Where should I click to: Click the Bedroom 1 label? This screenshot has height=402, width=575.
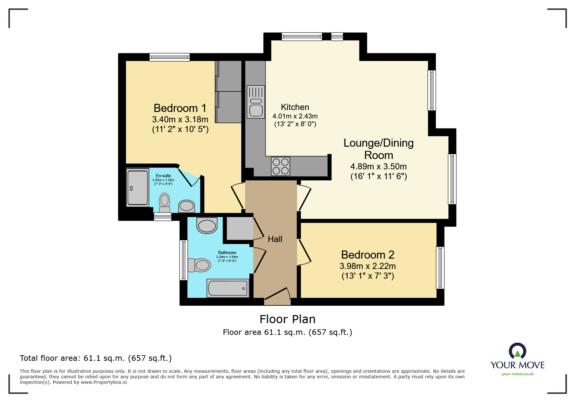[x=180, y=108]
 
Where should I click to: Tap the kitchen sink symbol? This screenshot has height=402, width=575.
[x=256, y=102]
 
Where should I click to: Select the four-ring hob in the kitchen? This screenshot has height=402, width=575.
[x=281, y=166]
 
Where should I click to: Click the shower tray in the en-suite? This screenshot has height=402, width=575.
[x=138, y=188]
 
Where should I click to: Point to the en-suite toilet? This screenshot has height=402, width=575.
[x=165, y=202]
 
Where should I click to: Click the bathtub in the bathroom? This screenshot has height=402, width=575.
[x=228, y=288]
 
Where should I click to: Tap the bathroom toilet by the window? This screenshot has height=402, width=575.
[x=199, y=265]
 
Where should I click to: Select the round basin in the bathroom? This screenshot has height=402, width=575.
[x=207, y=225]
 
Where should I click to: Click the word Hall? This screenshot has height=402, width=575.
[x=275, y=239]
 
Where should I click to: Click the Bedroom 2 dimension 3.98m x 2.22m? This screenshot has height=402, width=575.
[x=368, y=266]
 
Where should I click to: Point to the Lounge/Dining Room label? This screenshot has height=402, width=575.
[x=379, y=149]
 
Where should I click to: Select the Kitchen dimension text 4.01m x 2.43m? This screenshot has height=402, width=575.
[x=295, y=116]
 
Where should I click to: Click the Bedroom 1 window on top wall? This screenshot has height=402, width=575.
[x=169, y=57]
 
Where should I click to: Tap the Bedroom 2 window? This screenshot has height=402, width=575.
[x=440, y=268]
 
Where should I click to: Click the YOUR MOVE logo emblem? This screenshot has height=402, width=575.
[x=517, y=351]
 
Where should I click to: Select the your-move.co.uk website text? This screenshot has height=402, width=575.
[x=518, y=374]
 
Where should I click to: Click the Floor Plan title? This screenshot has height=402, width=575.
[x=287, y=319]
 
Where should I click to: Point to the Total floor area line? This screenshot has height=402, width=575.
[x=95, y=358]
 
